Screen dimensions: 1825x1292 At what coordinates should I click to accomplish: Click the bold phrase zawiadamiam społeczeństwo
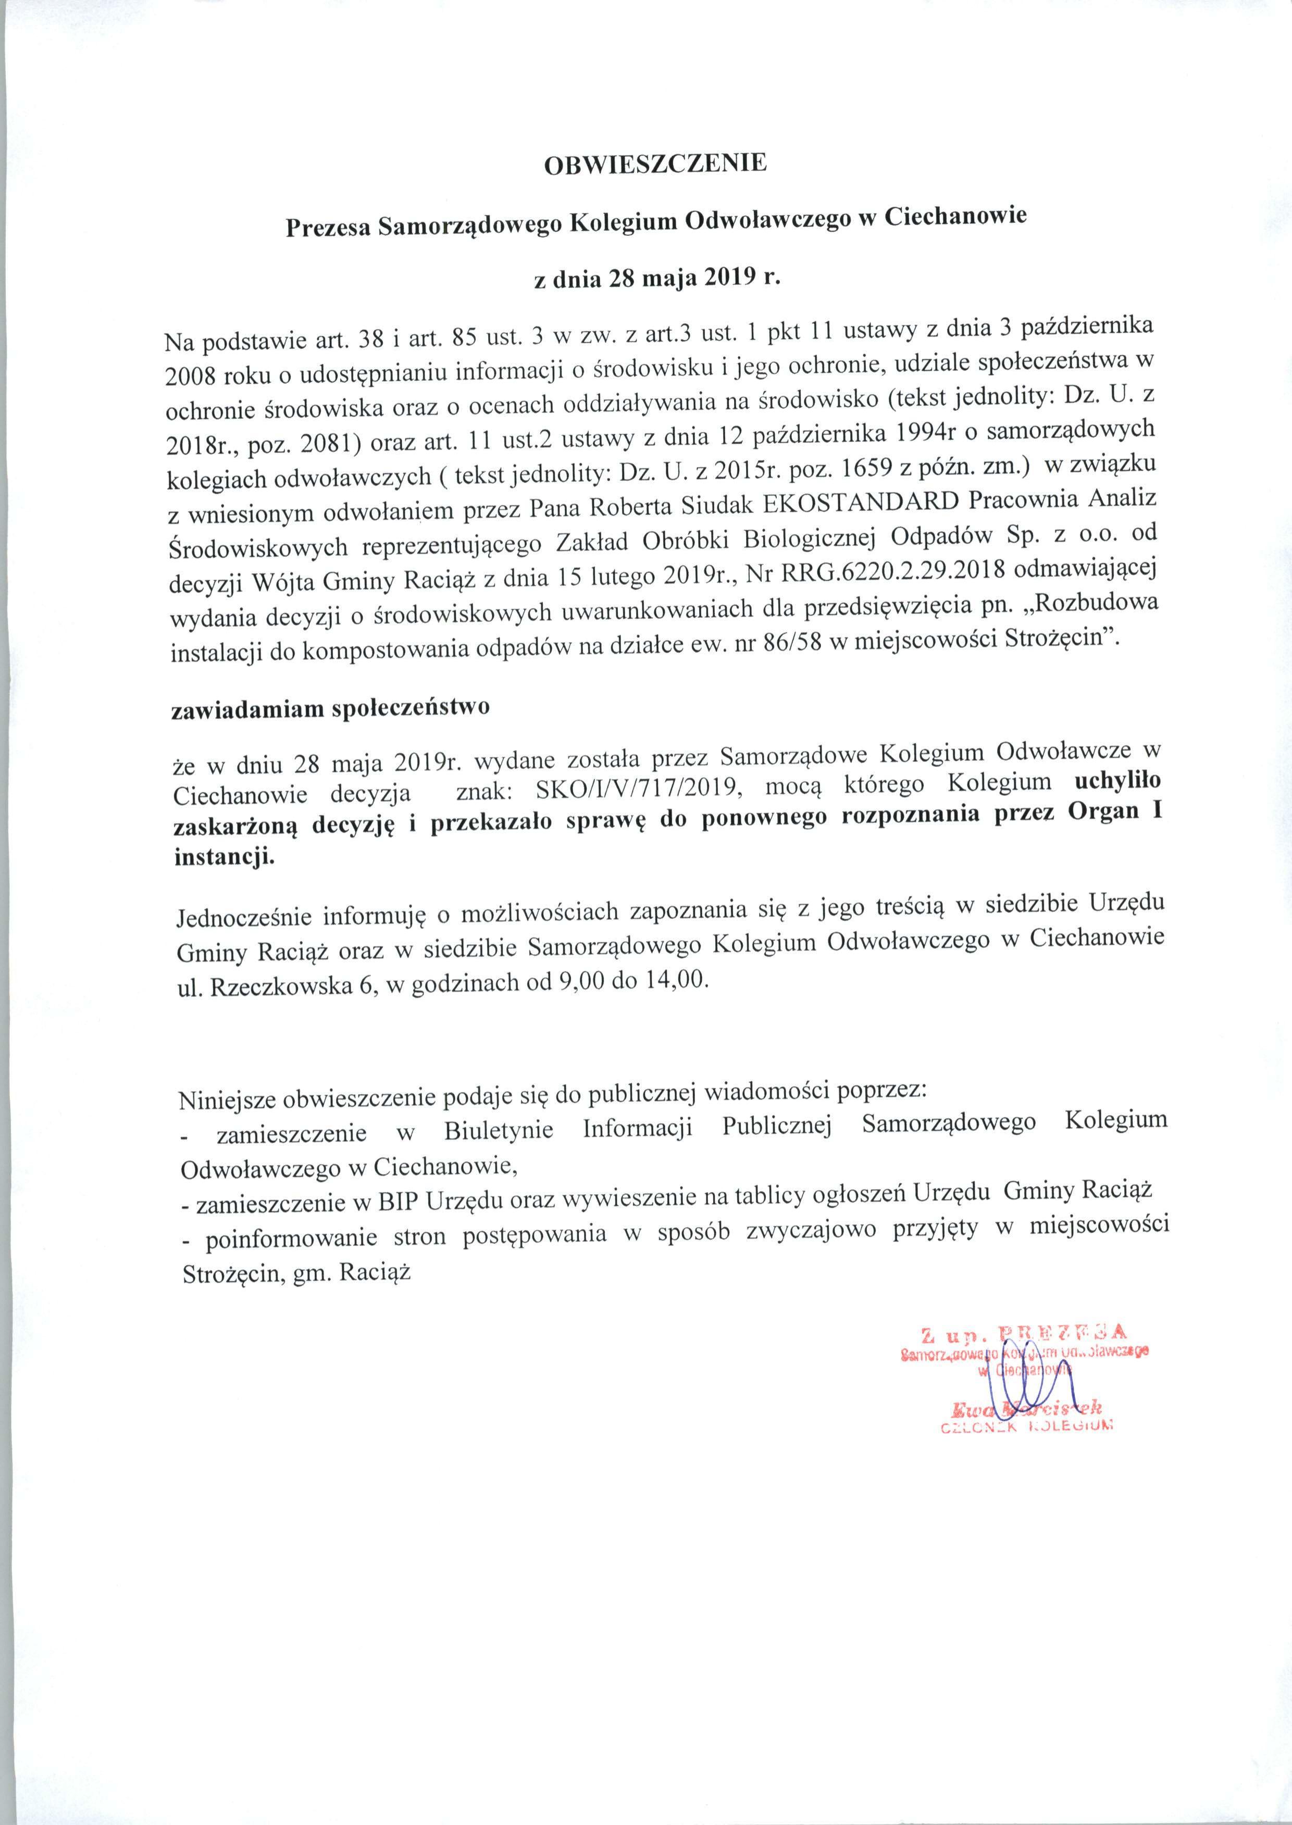pyautogui.click(x=331, y=709)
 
